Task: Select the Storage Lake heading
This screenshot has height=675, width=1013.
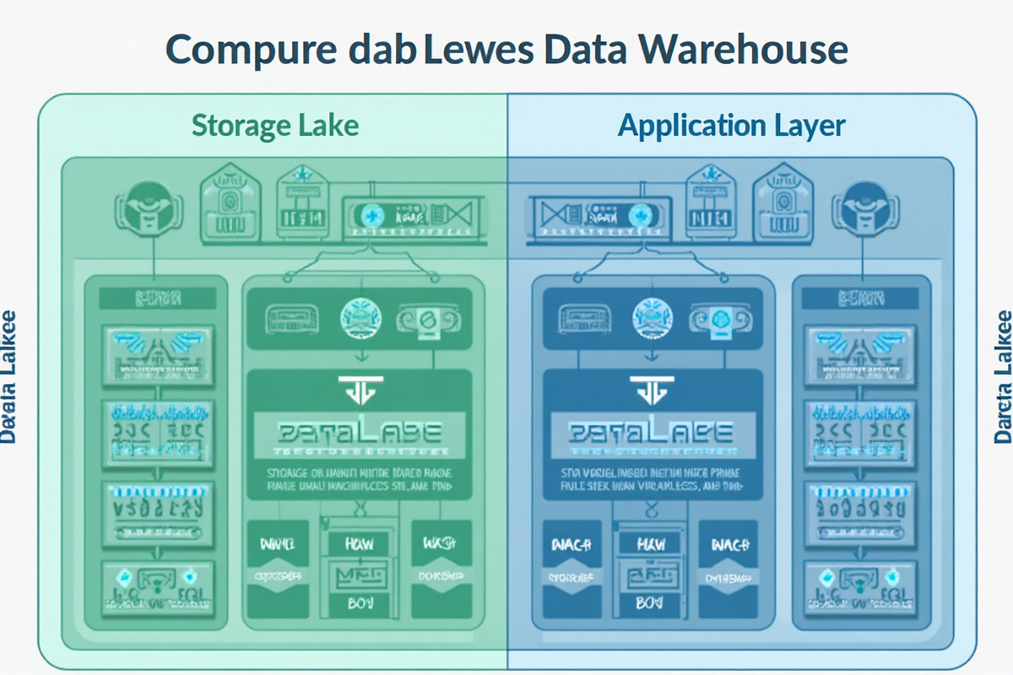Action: [275, 126]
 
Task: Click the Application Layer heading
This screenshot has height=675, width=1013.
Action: [731, 126]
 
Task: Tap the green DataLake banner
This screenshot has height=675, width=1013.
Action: [359, 433]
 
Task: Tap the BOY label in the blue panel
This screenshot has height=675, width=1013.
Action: [650, 605]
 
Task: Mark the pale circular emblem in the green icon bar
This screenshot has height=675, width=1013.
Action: [360, 319]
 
